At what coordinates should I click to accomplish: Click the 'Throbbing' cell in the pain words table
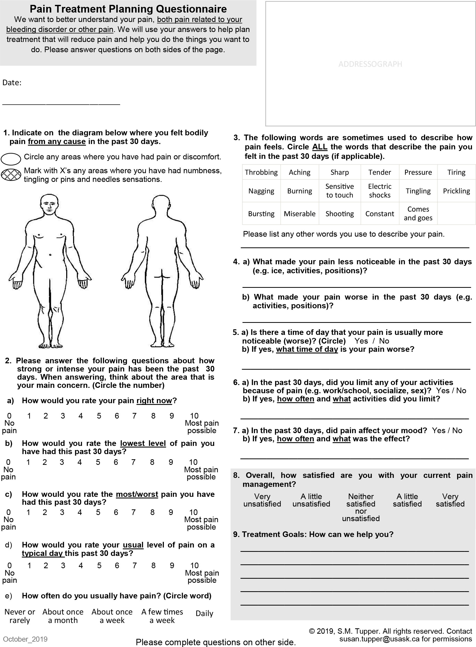pyautogui.click(x=261, y=172)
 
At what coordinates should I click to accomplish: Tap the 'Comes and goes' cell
pyautogui.click(x=418, y=213)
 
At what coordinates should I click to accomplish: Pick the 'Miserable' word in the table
pyautogui.click(x=299, y=214)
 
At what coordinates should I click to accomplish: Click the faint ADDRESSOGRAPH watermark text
pyautogui.click(x=370, y=64)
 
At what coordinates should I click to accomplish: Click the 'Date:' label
pyautogui.click(x=12, y=83)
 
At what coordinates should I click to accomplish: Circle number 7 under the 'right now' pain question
pyautogui.click(x=134, y=416)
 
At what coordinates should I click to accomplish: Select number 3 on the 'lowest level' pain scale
pyautogui.click(x=62, y=462)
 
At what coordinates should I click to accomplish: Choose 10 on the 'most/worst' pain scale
pyautogui.click(x=193, y=512)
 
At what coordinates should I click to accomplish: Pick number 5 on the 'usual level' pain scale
pyautogui.click(x=99, y=565)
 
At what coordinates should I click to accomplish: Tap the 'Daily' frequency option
pyautogui.click(x=204, y=613)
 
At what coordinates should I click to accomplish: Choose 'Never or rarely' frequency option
pyautogui.click(x=20, y=616)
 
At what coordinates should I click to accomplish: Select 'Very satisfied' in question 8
pyautogui.click(x=450, y=500)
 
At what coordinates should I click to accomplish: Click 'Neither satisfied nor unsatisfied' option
pyautogui.click(x=361, y=508)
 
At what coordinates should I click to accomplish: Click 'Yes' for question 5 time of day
pyautogui.click(x=361, y=341)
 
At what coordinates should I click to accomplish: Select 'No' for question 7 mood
pyautogui.click(x=457, y=431)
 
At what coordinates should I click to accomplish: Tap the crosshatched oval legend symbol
pyautogui.click(x=11, y=174)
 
